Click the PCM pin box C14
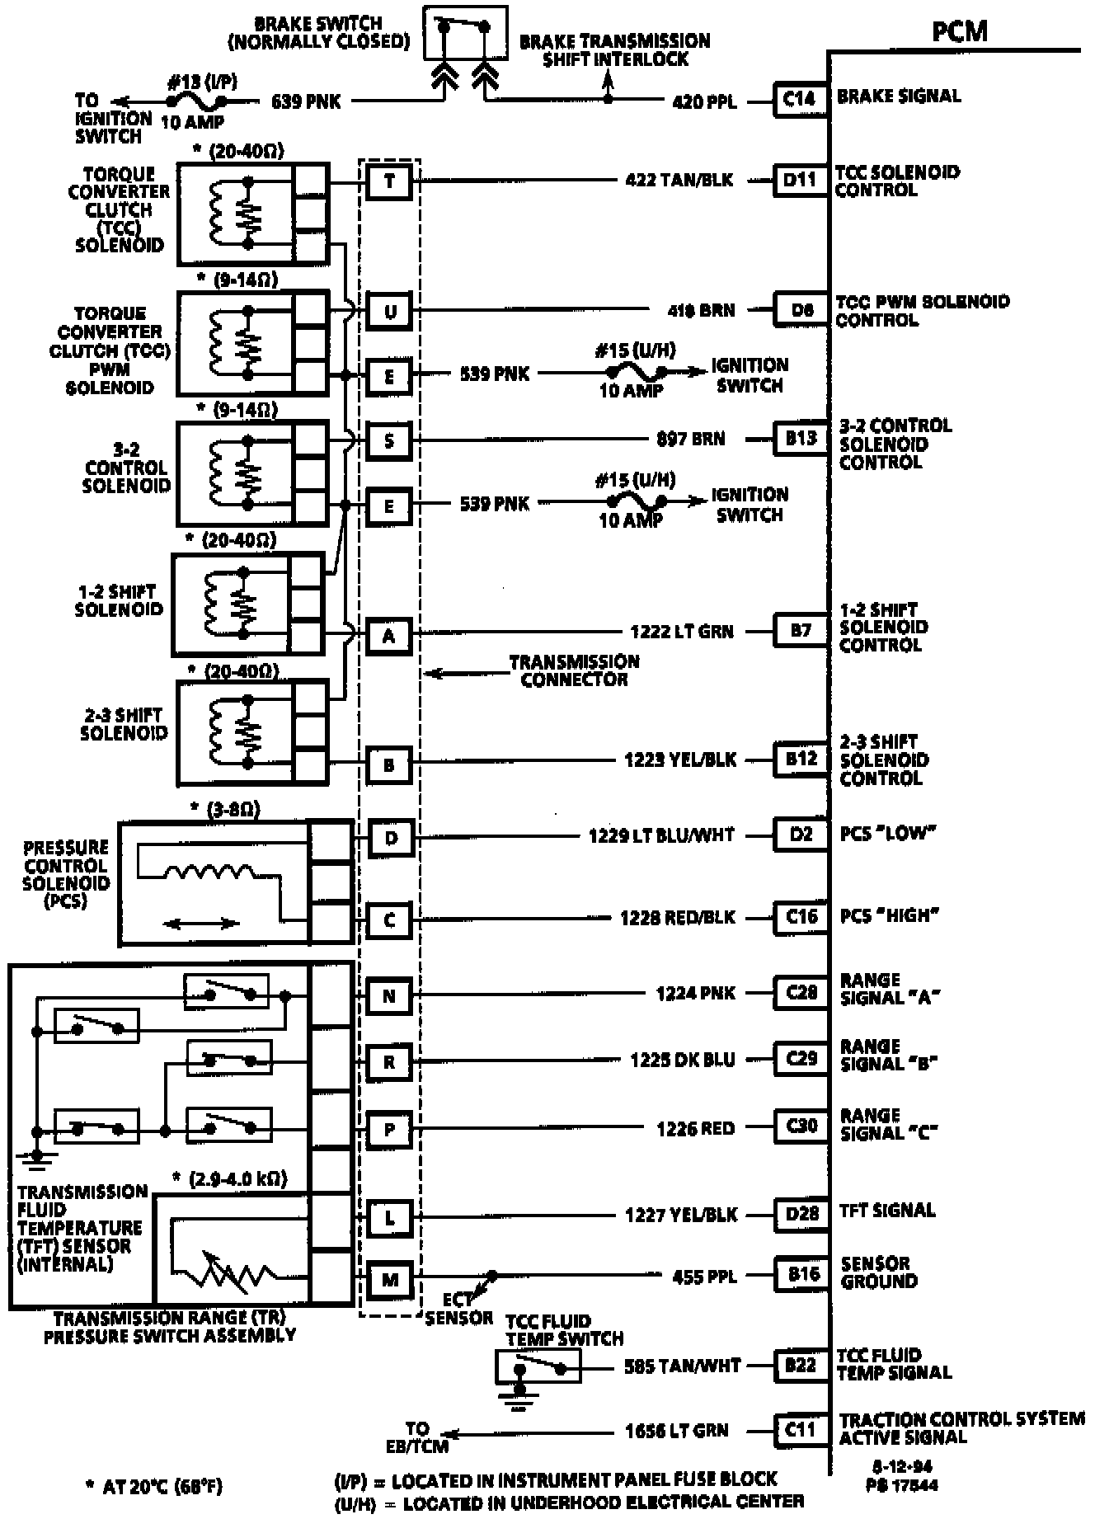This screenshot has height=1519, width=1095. pos(800,100)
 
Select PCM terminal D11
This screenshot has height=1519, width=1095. pos(800,180)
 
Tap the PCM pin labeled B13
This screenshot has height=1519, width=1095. pos(800,438)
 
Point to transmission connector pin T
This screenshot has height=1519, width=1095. pos(389,181)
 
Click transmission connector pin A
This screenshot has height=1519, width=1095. pos(389,636)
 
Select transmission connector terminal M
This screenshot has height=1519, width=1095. pos(390,1279)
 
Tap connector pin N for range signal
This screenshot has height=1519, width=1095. pos(390,996)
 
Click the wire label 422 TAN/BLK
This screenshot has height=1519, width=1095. pos(679,180)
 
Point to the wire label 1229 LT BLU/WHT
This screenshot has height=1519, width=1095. pos(661,835)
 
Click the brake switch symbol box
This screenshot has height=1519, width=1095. pos(464,33)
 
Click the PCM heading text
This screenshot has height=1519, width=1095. pos(959,31)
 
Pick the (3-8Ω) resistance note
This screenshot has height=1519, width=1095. pos(225,810)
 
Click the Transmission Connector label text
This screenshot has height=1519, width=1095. pos(574,670)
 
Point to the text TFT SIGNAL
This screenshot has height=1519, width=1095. pos(887,1211)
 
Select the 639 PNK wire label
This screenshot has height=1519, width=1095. pos(305,101)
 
